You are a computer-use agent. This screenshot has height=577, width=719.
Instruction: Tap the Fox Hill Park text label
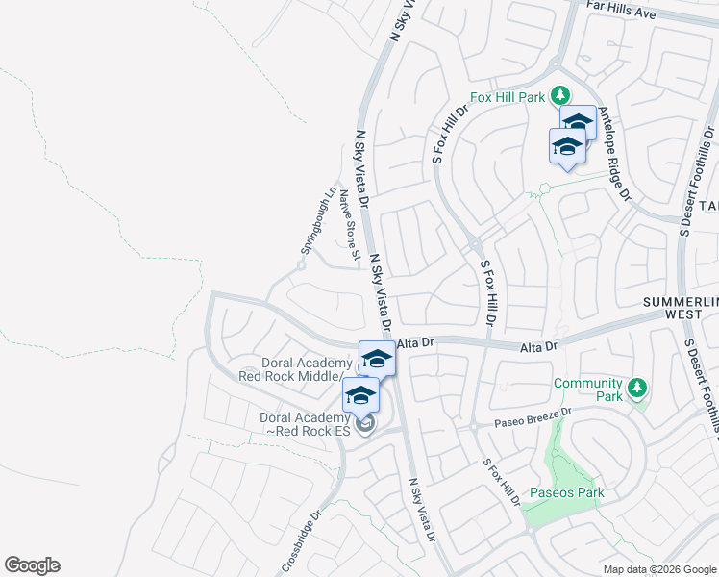pyautogui.click(x=508, y=97)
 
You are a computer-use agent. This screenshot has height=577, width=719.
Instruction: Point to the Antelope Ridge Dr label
pyautogui.click(x=614, y=153)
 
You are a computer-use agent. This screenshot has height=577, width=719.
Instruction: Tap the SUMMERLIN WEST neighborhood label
pyautogui.click(x=681, y=309)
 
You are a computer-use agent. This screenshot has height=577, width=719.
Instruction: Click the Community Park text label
pyautogui.click(x=587, y=389)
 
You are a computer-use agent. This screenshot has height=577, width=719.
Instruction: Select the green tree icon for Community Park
pyautogui.click(x=635, y=389)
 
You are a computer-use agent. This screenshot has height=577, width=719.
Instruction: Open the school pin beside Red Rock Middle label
pyautogui.click(x=377, y=361)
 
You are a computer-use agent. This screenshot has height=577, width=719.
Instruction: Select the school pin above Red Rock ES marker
pyautogui.click(x=360, y=395)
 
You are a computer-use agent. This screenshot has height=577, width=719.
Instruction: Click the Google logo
pyautogui.click(x=32, y=565)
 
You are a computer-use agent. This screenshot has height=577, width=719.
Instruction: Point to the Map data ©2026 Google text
pyautogui.click(x=659, y=569)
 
